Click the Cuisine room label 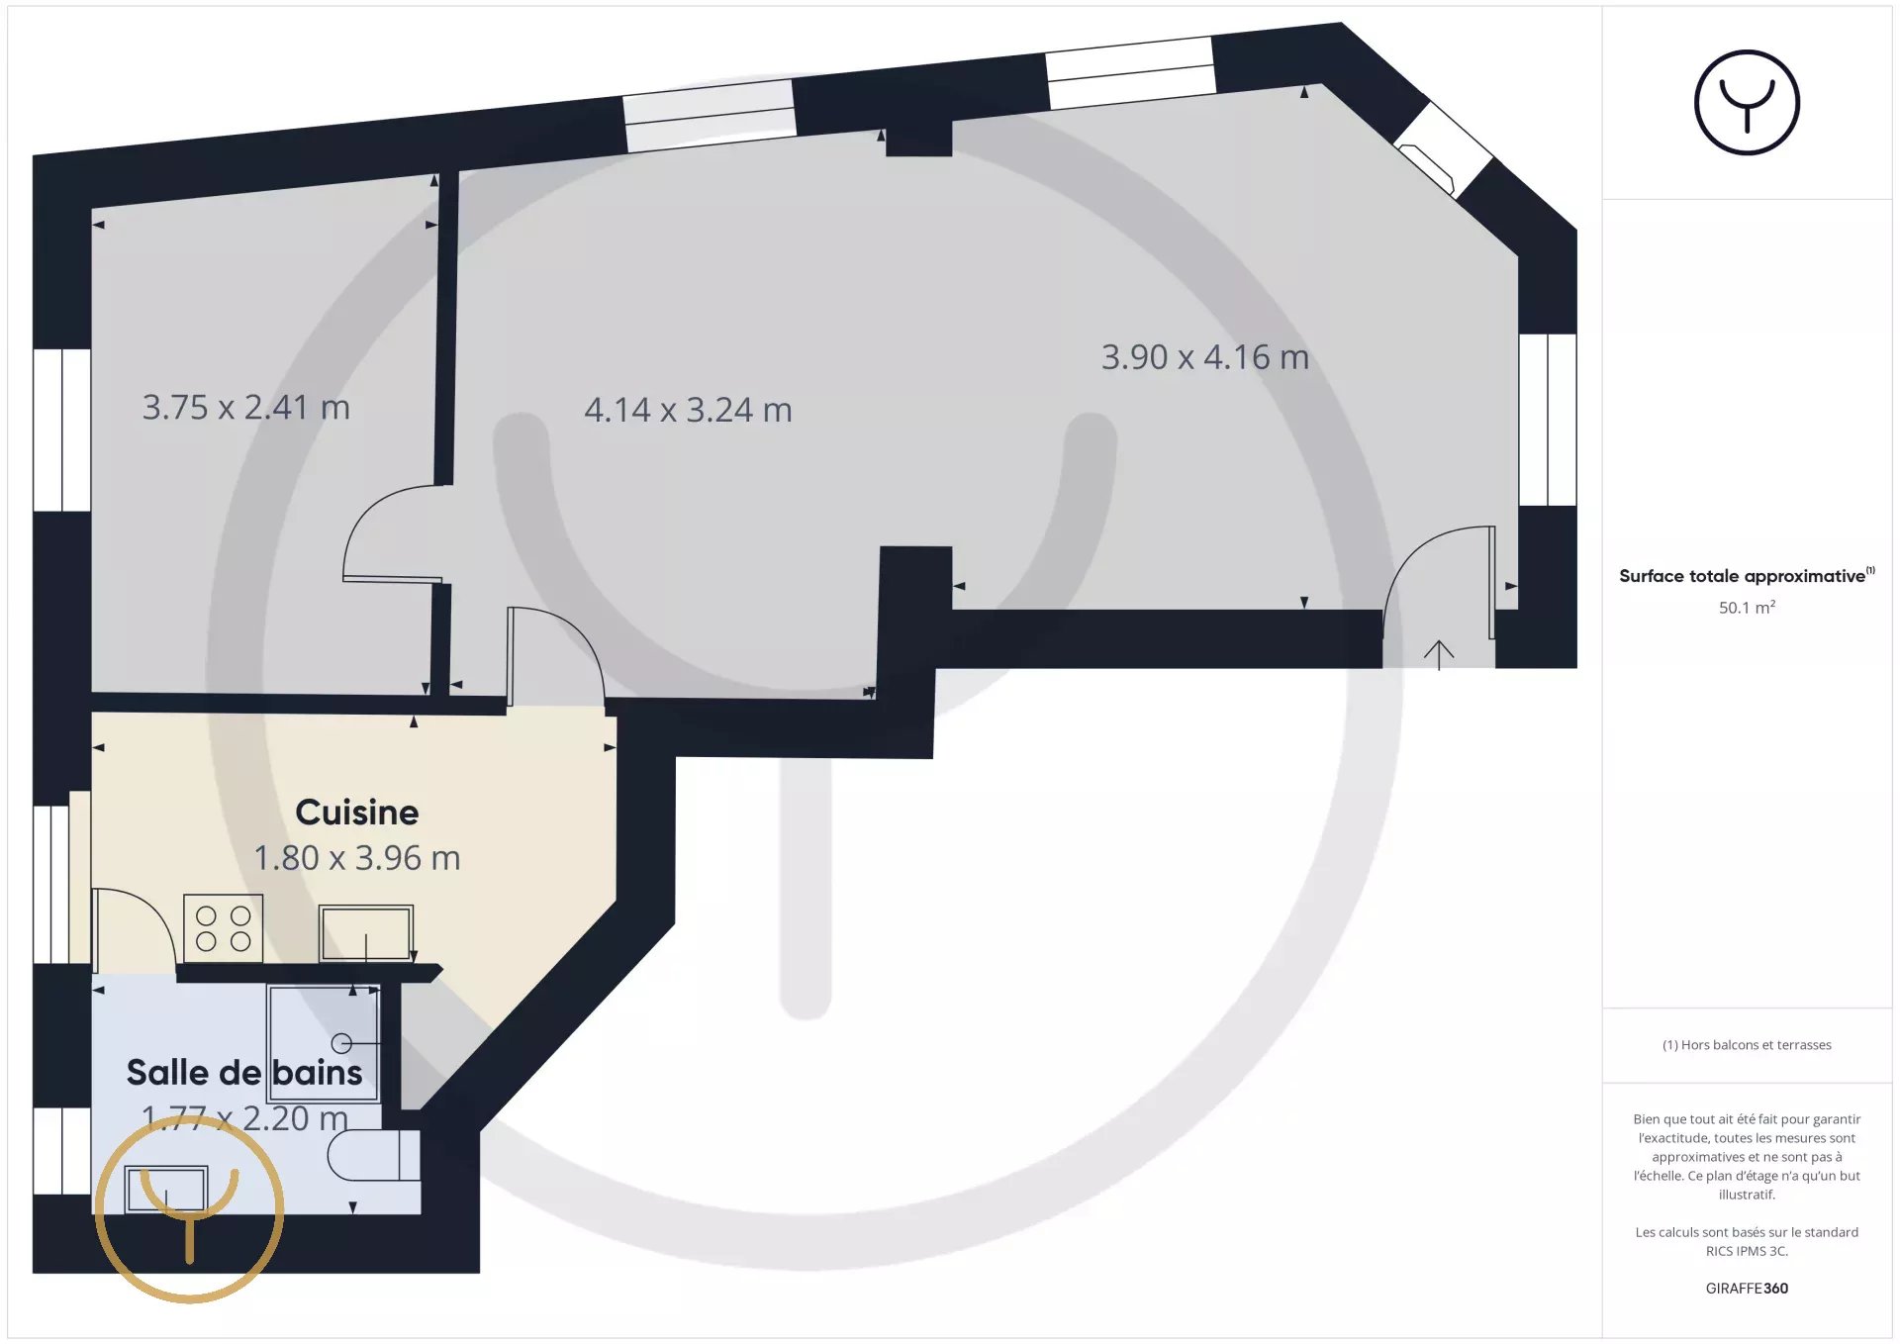357,813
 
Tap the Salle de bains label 244,1073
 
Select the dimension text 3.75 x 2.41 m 246,407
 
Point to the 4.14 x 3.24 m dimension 688,410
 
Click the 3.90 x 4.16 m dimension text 1205,357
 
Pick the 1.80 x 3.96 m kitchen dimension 357,858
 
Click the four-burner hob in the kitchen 224,928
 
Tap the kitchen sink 366,933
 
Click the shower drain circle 341,1043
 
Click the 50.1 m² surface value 1747,607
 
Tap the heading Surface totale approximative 1742,576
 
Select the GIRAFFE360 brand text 1747,1288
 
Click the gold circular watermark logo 190,1117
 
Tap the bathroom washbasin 166,1189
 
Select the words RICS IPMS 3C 1747,1251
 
